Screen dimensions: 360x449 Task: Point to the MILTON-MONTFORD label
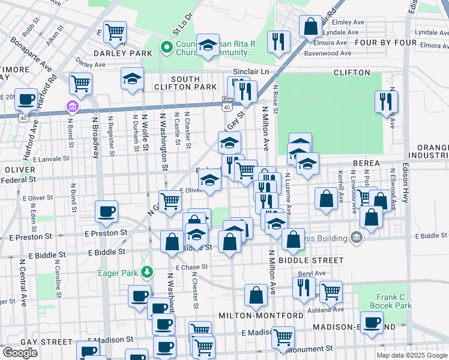point(253,316)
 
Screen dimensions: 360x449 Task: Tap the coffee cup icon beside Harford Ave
point(25,100)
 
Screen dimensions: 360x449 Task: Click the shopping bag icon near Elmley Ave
point(310,26)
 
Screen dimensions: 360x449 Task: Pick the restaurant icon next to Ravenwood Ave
point(279,41)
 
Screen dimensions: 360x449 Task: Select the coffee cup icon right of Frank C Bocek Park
point(372,322)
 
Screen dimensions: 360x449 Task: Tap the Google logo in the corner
point(20,353)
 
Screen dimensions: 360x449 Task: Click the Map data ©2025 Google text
point(411,355)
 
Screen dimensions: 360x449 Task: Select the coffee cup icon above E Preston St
point(107,211)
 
